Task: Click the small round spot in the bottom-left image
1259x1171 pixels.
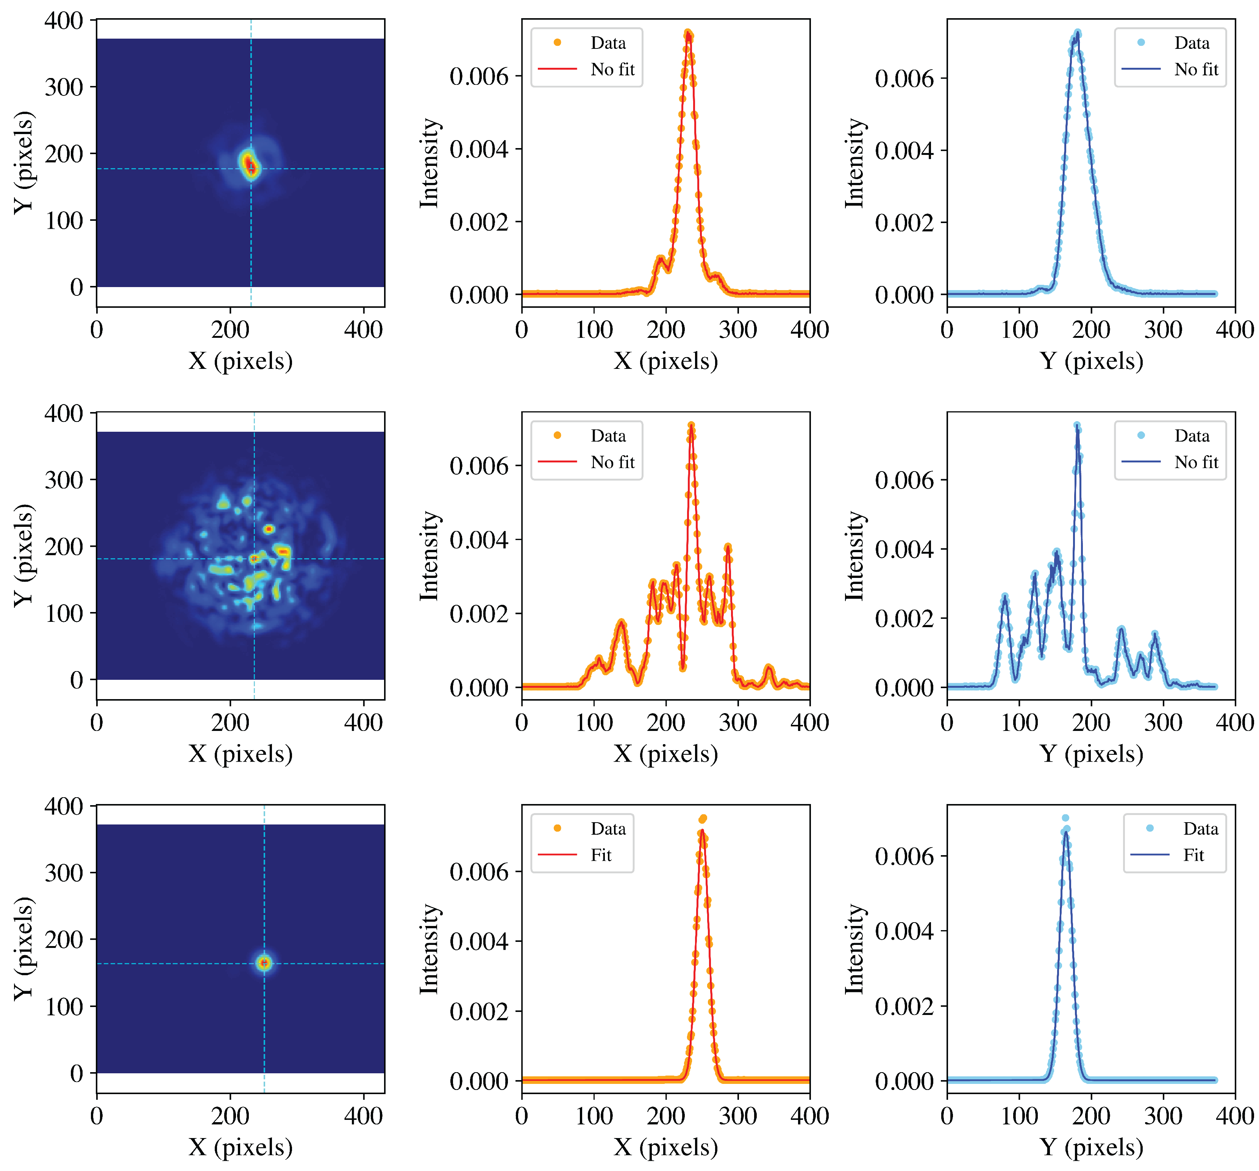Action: (264, 963)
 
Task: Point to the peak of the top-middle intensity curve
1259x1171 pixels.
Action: (688, 35)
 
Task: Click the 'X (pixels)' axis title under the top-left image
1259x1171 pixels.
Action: (240, 361)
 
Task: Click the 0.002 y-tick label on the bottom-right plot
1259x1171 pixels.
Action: (904, 1006)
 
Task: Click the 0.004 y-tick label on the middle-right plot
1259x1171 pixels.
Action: (904, 549)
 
